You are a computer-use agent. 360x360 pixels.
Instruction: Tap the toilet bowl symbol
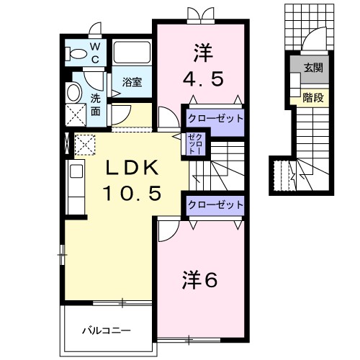(x=75, y=53)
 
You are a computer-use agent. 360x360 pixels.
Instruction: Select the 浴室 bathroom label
(x=131, y=82)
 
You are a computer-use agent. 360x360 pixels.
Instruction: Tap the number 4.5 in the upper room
(x=201, y=76)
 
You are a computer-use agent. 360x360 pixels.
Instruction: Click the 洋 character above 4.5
(x=201, y=51)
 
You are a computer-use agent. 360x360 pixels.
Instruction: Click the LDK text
(x=130, y=168)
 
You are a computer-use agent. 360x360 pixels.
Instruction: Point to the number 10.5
(x=130, y=192)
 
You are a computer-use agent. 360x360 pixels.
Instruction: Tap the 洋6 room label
(x=197, y=280)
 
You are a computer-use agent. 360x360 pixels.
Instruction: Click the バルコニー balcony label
(x=105, y=330)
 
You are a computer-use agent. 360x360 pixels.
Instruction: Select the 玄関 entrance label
(x=312, y=68)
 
